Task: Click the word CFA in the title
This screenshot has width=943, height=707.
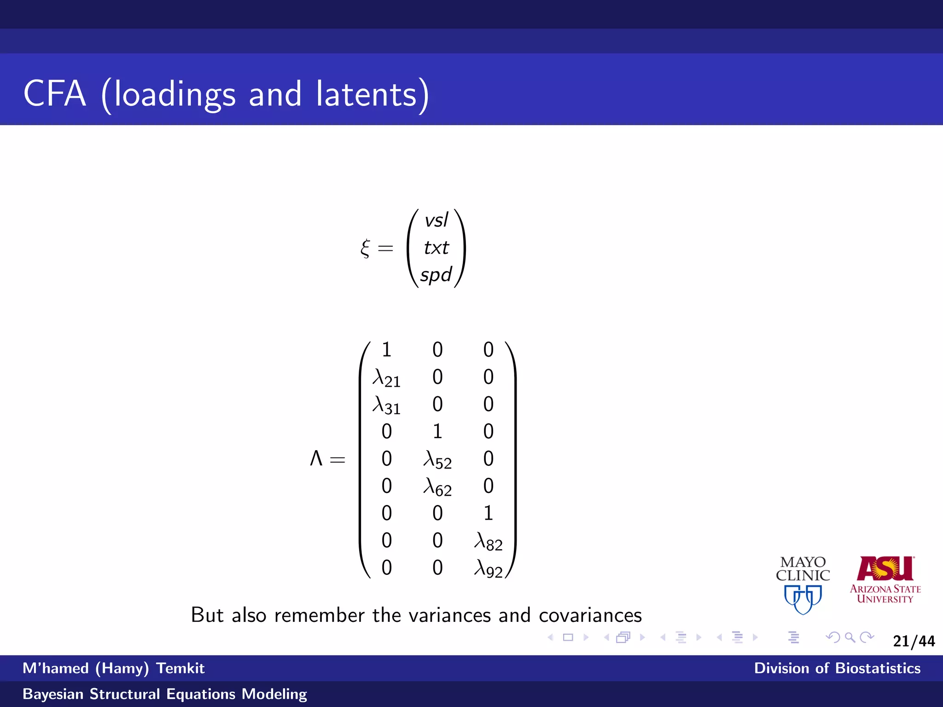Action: [x=55, y=94]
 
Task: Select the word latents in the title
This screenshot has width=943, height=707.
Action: [x=367, y=94]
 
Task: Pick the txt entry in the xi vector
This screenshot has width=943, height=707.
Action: [x=436, y=248]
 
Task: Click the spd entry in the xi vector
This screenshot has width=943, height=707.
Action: [x=436, y=275]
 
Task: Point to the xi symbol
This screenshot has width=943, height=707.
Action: [x=365, y=248]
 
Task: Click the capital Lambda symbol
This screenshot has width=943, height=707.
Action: [x=316, y=458]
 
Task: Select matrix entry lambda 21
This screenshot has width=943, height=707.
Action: [x=386, y=378]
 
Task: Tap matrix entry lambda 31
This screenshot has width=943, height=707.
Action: [x=386, y=406]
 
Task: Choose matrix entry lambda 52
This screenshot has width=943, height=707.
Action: [x=437, y=460]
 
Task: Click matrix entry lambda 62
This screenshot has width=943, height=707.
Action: [x=437, y=487]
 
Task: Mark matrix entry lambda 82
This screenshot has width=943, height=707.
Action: [x=489, y=541]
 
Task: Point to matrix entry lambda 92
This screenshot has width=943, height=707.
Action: [x=489, y=568]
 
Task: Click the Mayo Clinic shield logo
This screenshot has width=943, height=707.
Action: [x=803, y=598]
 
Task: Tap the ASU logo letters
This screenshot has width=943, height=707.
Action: [x=885, y=568]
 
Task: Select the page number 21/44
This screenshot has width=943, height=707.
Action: [x=914, y=641]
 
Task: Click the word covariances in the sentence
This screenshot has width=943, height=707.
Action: [x=590, y=615]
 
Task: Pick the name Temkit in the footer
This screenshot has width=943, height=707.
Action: [x=180, y=668]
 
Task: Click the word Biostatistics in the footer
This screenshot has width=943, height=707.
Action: [x=878, y=668]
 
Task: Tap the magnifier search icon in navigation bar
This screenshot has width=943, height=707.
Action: [x=850, y=637]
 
